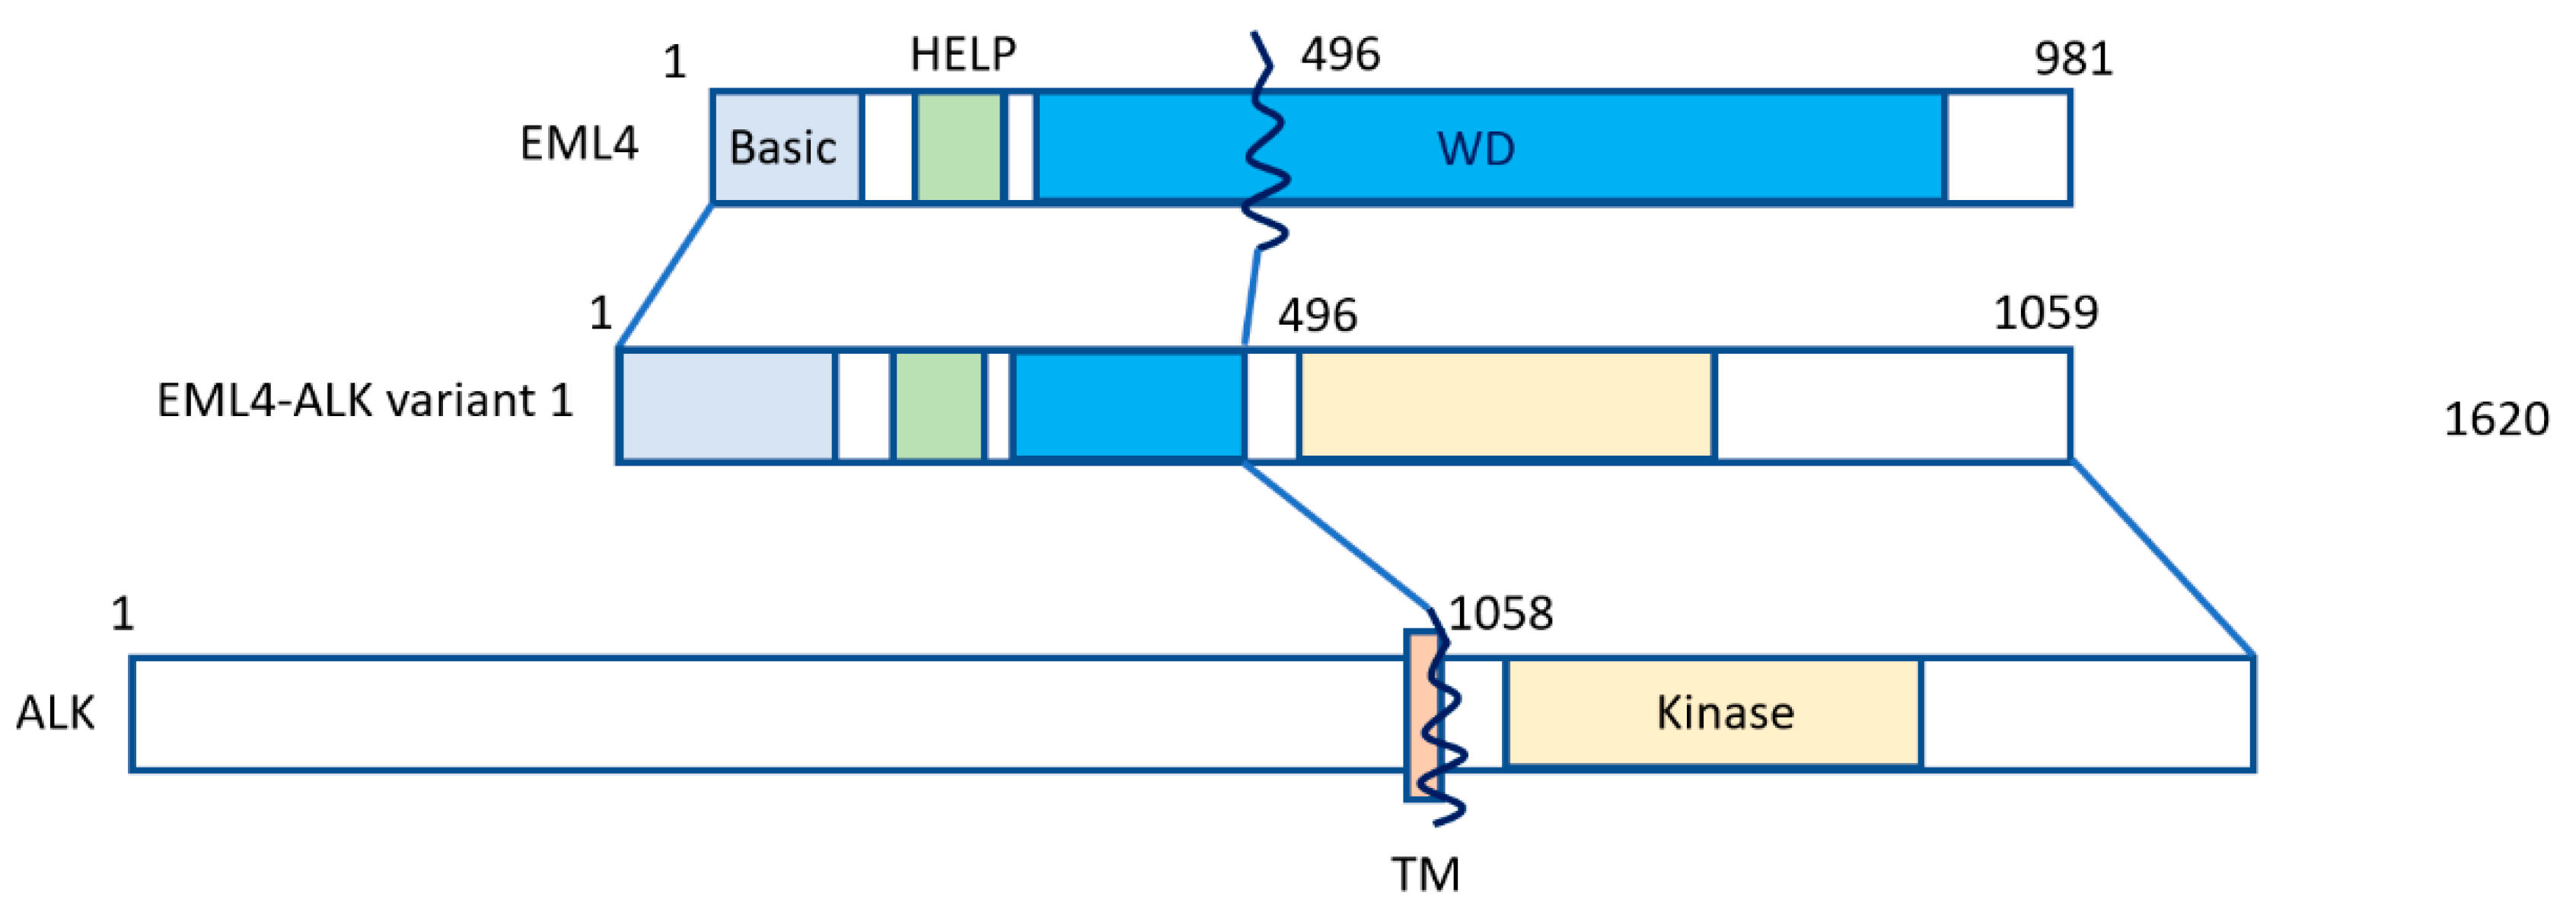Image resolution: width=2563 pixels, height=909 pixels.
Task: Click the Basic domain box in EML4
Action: (x=785, y=148)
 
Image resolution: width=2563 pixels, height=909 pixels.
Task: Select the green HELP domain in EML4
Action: (x=958, y=148)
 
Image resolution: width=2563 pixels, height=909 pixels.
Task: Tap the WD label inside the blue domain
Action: (x=1475, y=149)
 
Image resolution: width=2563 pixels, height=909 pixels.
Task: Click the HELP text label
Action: (x=962, y=54)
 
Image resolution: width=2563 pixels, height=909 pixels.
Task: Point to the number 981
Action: (x=2073, y=59)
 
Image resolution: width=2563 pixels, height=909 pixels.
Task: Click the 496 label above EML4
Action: (x=1339, y=54)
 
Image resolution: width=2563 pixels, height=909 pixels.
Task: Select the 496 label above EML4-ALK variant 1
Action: (x=1316, y=315)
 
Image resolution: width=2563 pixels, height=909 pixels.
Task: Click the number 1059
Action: (x=2045, y=313)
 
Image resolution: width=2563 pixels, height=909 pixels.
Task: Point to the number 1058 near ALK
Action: (x=1500, y=614)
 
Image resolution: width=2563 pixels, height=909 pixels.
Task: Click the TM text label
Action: (x=1425, y=874)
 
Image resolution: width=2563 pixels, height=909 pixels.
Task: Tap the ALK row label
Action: (x=55, y=713)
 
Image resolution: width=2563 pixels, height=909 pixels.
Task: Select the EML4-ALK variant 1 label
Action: (x=365, y=401)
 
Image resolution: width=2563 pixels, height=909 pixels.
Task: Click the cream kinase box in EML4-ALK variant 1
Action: (x=1506, y=405)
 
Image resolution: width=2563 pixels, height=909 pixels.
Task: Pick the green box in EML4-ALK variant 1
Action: (x=939, y=405)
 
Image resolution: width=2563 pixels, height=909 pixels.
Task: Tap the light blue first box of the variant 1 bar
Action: (x=726, y=405)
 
